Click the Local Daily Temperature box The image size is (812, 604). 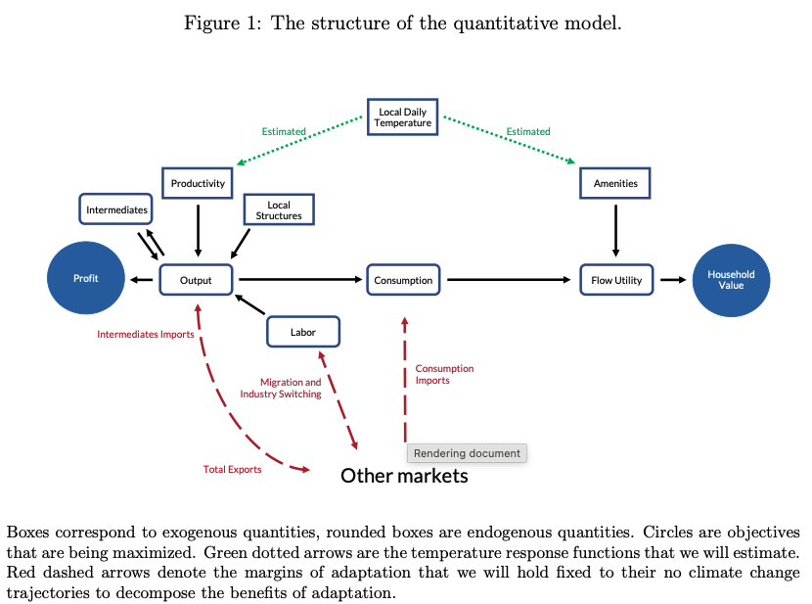pos(404,117)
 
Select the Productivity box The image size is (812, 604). pos(198,183)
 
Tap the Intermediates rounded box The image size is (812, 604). pos(116,209)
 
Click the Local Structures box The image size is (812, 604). pos(279,210)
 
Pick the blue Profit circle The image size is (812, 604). pos(86,279)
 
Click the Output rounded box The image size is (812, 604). pos(196,280)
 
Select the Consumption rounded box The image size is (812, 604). pos(403,280)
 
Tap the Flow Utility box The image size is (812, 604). pos(616,280)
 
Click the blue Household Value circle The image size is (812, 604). pos(731,279)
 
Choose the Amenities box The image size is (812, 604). pos(615,183)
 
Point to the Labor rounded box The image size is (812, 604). pos(303,332)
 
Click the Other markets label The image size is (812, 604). pos(404,476)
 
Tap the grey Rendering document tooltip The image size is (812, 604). pos(467,453)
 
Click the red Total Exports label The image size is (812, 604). pos(232,470)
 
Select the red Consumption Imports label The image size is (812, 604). pos(444,374)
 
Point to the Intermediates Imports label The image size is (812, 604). pos(145,335)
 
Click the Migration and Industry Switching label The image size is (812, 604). pos(290,388)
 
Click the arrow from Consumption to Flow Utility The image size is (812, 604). pos(509,280)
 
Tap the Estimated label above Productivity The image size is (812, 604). pos(284,131)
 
